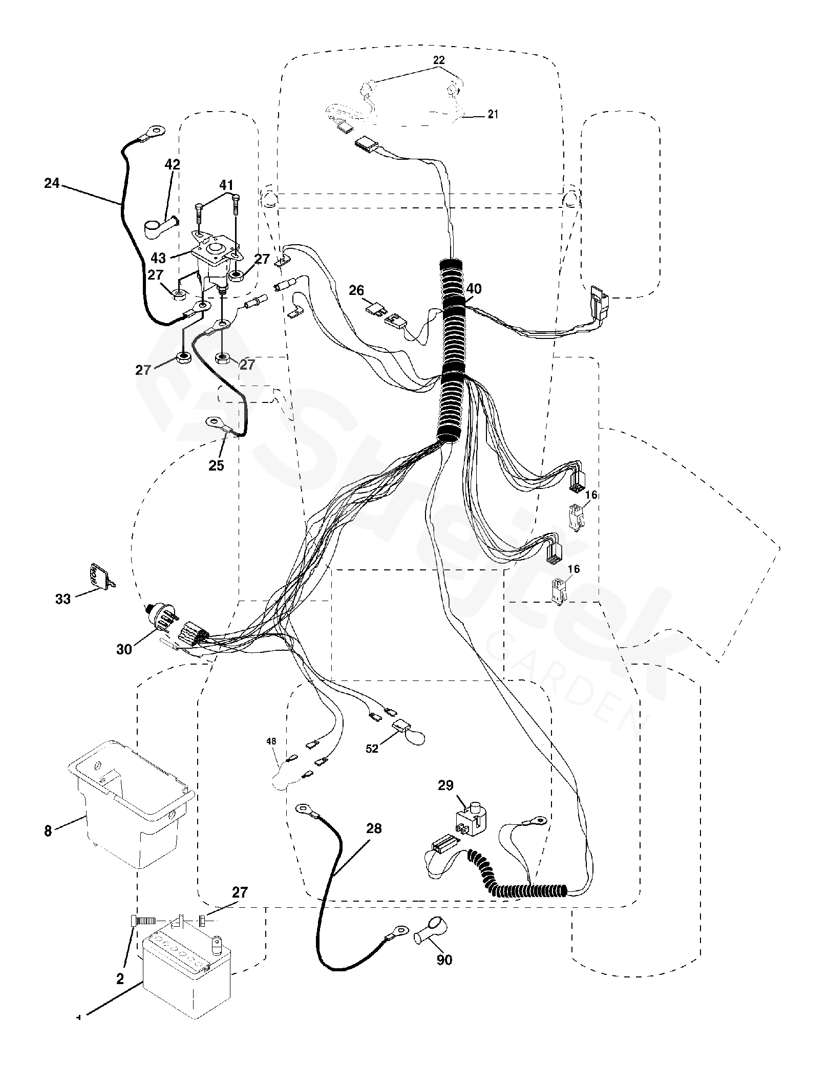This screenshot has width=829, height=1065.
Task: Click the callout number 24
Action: (52, 183)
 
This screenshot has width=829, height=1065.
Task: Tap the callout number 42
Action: (172, 165)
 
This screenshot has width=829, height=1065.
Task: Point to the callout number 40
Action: (474, 289)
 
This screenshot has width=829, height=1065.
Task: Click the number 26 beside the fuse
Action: (356, 291)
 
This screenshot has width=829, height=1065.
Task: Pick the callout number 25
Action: (216, 465)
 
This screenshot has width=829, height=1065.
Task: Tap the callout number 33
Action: (63, 598)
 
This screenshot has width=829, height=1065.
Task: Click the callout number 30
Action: (124, 649)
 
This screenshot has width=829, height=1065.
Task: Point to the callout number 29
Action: (445, 785)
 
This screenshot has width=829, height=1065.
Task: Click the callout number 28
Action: (374, 828)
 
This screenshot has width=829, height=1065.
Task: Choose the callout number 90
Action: (444, 960)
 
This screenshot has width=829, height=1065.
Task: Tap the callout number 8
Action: (48, 830)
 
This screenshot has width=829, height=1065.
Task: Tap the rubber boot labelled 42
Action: (159, 226)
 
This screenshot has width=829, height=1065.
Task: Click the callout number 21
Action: (493, 115)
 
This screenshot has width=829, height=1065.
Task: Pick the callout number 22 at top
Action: (439, 60)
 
